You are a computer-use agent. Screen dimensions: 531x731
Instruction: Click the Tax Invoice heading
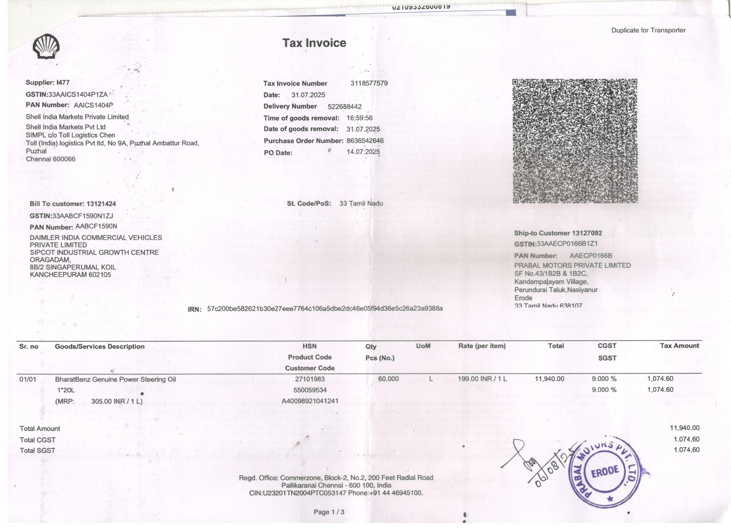click(x=314, y=43)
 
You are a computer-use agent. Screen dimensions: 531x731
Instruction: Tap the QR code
click(x=575, y=141)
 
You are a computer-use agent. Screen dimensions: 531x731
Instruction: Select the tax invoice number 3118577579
click(x=369, y=83)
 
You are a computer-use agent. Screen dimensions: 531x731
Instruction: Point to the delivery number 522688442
click(x=345, y=107)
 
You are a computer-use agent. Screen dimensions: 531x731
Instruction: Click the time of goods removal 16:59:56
click(x=359, y=118)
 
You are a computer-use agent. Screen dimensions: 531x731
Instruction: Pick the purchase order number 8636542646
click(x=365, y=141)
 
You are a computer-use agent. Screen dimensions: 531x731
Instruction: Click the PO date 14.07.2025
click(x=363, y=152)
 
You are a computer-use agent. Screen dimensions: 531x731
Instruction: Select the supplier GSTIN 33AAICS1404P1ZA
click(x=78, y=94)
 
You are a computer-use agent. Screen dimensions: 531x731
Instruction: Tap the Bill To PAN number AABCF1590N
click(x=96, y=226)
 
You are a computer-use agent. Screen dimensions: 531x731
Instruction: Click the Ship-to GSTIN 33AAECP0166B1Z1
click(x=567, y=244)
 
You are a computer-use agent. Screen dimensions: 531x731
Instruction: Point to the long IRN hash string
click(x=325, y=309)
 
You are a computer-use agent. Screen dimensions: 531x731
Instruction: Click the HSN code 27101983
click(x=310, y=379)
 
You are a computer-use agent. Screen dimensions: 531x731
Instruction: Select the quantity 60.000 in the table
click(x=388, y=379)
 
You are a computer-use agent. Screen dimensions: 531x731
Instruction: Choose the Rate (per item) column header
click(x=482, y=346)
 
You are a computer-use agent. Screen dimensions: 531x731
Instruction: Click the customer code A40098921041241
click(x=310, y=401)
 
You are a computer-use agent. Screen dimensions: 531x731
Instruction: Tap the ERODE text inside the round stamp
click(x=605, y=471)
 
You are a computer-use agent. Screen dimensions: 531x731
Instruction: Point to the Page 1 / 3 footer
click(x=329, y=512)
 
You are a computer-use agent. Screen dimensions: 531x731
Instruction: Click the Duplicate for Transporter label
click(x=648, y=30)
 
